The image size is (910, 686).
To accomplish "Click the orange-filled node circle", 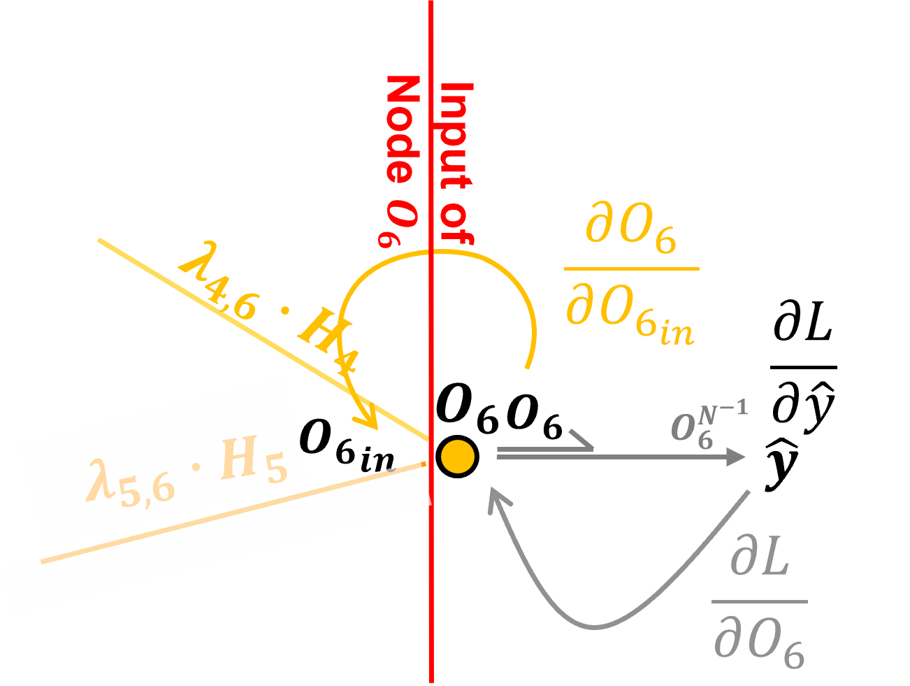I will coord(458,455).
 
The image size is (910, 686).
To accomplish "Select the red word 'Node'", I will coord(403,129).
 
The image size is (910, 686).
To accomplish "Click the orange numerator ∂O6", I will coord(630,235).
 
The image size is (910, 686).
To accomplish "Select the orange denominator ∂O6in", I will coord(629,322).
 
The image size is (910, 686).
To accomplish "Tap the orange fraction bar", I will coord(630,269).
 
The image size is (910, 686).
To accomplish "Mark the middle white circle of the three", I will coord(535,533).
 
